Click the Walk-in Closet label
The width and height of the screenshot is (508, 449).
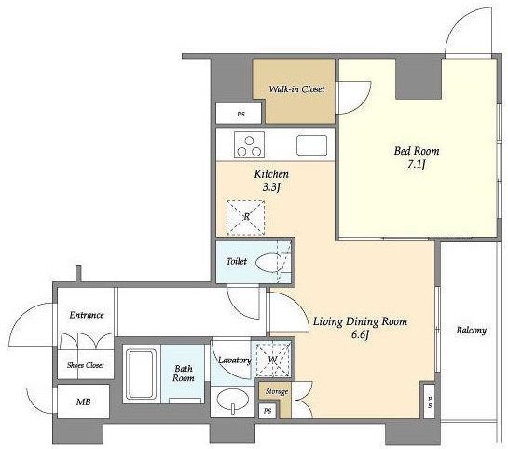tap(296, 89)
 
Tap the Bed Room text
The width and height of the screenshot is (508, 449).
tap(417, 151)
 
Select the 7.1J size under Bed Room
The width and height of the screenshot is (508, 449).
tap(417, 165)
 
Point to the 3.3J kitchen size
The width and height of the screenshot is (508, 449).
tap(270, 187)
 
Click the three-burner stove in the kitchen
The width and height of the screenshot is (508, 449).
tap(249, 145)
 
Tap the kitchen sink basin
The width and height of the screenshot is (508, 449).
tap(311, 145)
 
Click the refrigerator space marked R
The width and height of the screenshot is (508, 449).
tap(245, 218)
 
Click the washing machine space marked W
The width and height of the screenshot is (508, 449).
tap(273, 360)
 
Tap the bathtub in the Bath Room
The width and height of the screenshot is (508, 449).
tap(142, 374)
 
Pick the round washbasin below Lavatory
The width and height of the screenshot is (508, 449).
tap(233, 401)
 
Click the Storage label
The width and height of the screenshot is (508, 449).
tap(277, 391)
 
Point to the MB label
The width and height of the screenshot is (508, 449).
tap(83, 401)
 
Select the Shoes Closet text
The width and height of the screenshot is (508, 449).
tap(86, 365)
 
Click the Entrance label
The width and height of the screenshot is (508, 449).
tap(87, 315)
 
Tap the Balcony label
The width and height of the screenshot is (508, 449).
tap(472, 331)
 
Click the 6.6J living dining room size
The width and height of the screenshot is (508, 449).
tap(361, 334)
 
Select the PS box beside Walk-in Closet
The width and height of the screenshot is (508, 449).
tap(239, 114)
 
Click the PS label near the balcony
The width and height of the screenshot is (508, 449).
tap(430, 401)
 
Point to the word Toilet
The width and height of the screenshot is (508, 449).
tap(237, 261)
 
